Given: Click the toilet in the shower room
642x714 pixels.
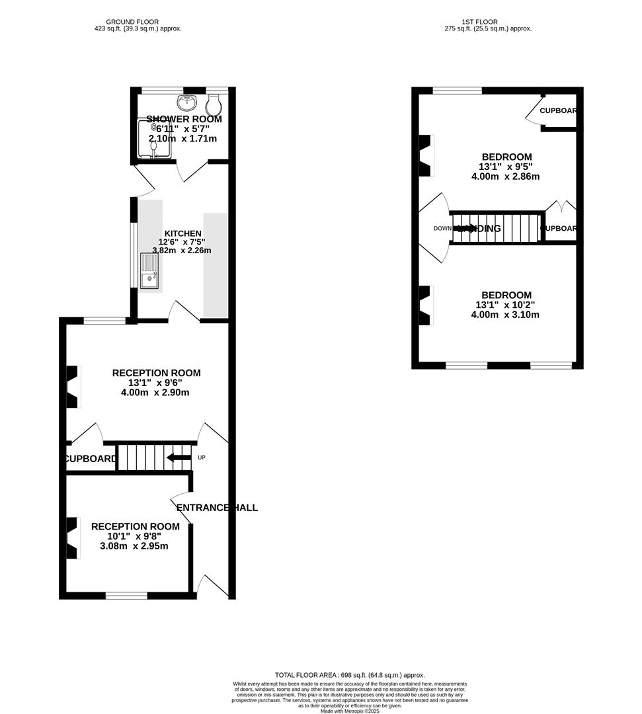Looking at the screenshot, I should click(213, 104).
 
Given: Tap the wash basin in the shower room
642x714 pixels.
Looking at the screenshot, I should click(187, 102).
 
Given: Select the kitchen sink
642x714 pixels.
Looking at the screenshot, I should click(149, 272).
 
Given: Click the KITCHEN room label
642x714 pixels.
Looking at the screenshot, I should click(182, 233).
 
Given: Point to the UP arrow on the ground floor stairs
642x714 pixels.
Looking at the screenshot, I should click(179, 457).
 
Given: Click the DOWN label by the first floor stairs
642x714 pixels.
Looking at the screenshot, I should click(442, 228).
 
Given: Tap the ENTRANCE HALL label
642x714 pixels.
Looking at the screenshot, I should click(217, 508).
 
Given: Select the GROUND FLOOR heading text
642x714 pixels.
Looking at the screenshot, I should click(138, 22).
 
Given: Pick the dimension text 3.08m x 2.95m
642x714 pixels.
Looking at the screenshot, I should click(134, 546).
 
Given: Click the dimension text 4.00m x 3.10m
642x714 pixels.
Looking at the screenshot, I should click(505, 315).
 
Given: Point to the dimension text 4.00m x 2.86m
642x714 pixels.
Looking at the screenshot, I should click(505, 177).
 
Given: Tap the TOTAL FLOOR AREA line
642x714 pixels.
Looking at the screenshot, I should click(350, 675).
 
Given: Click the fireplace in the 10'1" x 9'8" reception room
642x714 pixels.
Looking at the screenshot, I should click(73, 537).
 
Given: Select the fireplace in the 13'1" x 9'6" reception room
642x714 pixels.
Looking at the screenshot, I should click(73, 387).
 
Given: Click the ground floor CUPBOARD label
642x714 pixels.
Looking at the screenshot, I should click(91, 458).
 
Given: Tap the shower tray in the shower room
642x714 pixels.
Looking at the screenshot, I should click(153, 139).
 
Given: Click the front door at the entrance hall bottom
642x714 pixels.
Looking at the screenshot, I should click(213, 586).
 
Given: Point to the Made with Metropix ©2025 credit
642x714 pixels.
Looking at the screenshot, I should click(350, 711).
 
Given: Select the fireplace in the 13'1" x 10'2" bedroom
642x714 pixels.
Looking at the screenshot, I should click(426, 305).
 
